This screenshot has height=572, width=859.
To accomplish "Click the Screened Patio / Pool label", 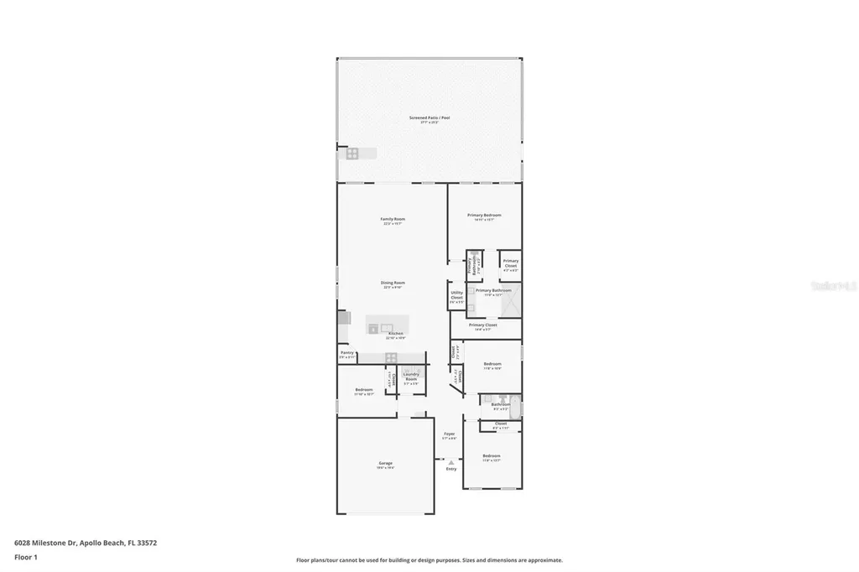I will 429,118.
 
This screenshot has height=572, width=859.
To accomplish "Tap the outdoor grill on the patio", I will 352,153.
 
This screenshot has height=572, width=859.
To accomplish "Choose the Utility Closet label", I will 456,296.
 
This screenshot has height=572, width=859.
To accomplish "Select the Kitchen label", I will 395,334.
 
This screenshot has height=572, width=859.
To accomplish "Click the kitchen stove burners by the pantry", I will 391,358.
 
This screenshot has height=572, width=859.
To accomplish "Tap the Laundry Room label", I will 411,377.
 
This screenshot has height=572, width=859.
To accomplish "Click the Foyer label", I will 450,434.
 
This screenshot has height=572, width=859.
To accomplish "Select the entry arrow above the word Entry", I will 451,461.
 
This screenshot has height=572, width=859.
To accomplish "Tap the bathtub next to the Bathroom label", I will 516,405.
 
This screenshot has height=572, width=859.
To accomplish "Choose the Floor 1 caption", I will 26,557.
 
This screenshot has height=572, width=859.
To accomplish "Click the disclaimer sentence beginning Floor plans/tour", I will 429,560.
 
